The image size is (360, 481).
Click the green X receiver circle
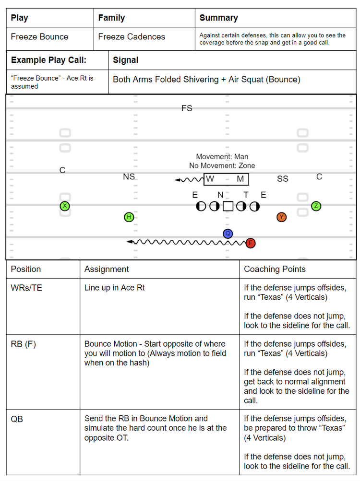point(65,206)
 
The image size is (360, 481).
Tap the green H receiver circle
point(129,217)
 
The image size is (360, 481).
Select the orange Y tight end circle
point(282,217)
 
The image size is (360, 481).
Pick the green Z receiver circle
point(316,206)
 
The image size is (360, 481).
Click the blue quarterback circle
point(228,234)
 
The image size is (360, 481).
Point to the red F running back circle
point(250,243)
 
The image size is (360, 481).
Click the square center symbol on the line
point(228,206)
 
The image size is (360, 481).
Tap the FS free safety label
point(187,108)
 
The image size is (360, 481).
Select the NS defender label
point(129,177)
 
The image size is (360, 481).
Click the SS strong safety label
point(283,179)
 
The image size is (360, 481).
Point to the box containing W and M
point(227,179)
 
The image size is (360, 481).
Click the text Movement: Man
point(222,157)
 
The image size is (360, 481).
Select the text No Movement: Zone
point(222,166)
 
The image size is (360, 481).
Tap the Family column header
point(111,18)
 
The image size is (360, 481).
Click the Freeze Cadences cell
point(132,37)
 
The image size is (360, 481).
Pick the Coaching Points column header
point(275,269)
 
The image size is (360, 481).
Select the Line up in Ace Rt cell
point(115,288)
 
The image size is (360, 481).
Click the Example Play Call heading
point(48,60)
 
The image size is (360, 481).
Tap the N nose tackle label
point(220,195)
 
